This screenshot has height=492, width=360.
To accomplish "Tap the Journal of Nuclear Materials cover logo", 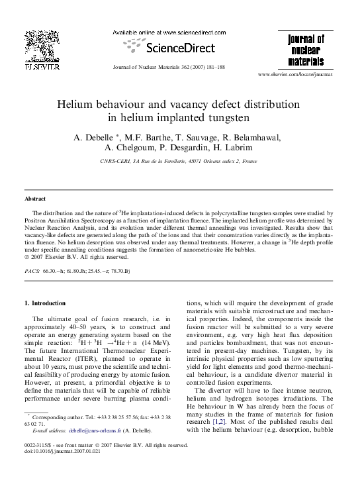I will [306, 50].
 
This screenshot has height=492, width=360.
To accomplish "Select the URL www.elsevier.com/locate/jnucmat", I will [305, 75].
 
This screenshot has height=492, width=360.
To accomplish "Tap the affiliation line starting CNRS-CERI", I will [179, 160].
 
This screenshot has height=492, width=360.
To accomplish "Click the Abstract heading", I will [35, 199].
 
